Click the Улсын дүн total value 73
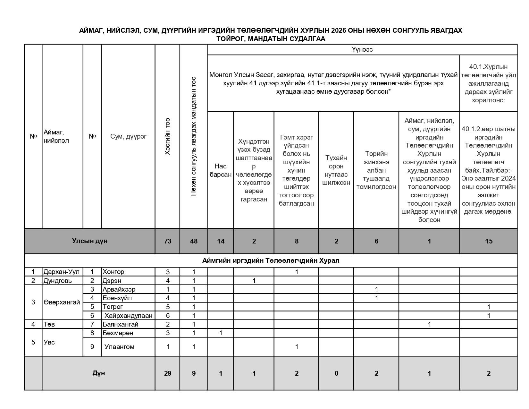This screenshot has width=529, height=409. (x=167, y=241)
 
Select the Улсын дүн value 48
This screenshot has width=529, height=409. (x=194, y=241)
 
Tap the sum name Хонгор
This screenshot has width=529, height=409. (x=113, y=272)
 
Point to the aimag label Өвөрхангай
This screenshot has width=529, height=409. (x=62, y=302)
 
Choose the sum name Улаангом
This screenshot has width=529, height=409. (x=119, y=347)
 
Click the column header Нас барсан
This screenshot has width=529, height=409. (x=220, y=170)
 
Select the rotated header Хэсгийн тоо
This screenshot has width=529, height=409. (x=167, y=137)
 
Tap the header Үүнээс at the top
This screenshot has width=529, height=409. (x=362, y=50)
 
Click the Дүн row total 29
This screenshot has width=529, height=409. (x=167, y=373)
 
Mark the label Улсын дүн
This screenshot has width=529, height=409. (x=90, y=241)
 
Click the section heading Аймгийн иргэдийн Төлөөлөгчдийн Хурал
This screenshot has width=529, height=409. (x=271, y=260)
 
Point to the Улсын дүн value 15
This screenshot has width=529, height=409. (x=489, y=241)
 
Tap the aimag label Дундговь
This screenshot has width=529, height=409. (x=58, y=281)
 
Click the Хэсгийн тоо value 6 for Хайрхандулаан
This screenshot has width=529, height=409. (x=167, y=316)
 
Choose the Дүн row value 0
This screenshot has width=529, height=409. (x=336, y=373)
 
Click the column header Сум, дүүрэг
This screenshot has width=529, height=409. (x=128, y=136)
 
